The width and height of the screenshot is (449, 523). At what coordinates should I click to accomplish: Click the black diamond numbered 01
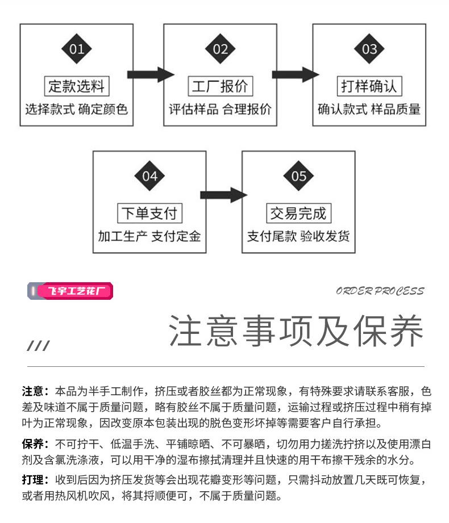pos(76,49)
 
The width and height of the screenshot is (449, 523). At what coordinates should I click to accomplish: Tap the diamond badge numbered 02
pos(220,49)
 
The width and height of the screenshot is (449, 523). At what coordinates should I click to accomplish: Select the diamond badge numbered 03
pos(369,49)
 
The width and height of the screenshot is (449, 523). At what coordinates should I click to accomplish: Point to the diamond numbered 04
pos(149,176)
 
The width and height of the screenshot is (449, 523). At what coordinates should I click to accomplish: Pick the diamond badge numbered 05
pos(298,176)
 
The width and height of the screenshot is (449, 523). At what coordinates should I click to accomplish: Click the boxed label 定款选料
pos(76,86)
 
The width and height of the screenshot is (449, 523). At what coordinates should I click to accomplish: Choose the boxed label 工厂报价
pos(220,86)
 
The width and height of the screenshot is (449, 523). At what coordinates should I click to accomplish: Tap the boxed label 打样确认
pos(369,86)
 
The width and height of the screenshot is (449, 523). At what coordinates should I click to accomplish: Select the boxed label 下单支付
pos(149,214)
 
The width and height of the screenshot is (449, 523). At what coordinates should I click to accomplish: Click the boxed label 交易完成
pos(298,214)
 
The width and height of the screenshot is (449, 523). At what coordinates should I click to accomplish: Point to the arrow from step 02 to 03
pos(294,74)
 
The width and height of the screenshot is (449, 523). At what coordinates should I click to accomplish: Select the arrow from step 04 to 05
pos(222,195)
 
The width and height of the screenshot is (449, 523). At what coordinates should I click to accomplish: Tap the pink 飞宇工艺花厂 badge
pos(70,291)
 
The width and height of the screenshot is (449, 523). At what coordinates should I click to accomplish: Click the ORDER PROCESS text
pos(380,291)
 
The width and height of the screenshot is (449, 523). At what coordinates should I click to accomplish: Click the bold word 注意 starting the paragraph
pos(32,391)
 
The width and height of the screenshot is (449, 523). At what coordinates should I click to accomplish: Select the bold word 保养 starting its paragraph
pos(32,444)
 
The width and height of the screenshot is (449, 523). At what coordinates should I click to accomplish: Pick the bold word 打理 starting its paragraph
pos(32,480)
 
